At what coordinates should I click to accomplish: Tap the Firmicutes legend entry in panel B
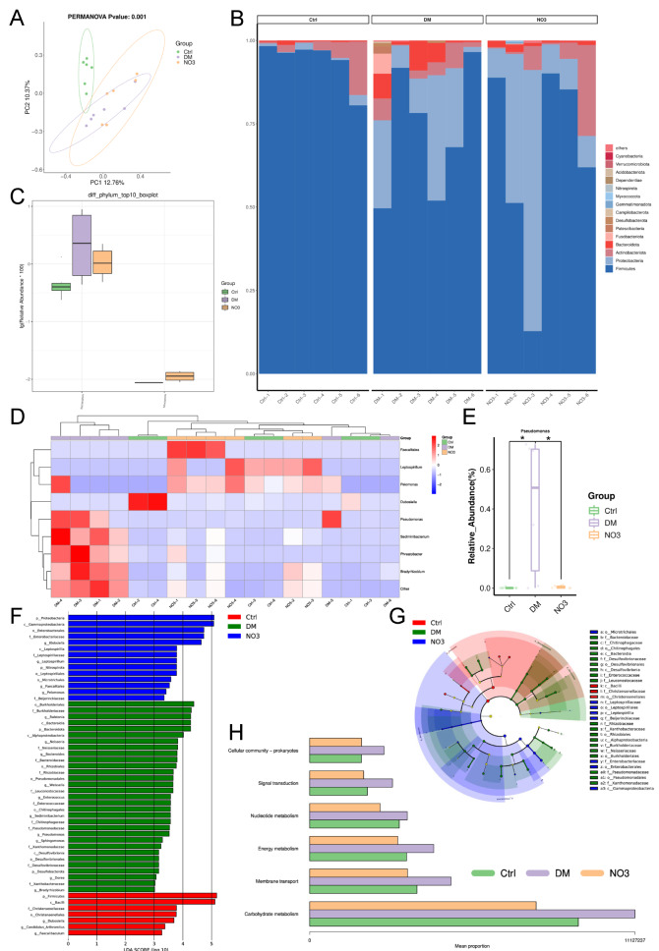click(627, 268)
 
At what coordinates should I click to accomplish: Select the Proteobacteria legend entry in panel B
click(629, 259)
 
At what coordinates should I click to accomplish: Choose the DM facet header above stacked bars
click(428, 19)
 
